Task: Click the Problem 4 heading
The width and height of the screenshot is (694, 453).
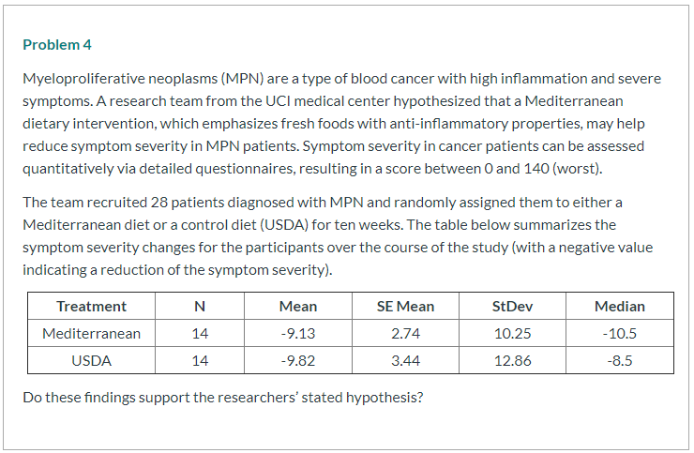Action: (x=57, y=45)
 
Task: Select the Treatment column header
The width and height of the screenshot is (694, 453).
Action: (x=91, y=306)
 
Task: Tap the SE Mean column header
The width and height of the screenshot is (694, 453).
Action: (x=405, y=306)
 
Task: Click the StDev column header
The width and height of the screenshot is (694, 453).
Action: (x=512, y=306)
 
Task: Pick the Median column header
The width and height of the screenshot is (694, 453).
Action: (x=619, y=306)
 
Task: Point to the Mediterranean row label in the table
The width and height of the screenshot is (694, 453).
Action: (x=91, y=333)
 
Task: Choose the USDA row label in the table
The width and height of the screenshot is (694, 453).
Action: (x=91, y=360)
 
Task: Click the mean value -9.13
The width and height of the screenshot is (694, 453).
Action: (x=297, y=333)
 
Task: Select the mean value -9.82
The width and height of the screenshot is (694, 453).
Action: (x=297, y=360)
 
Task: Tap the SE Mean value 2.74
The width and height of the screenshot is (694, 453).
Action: (x=405, y=333)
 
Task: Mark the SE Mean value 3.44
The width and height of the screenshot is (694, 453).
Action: (x=405, y=360)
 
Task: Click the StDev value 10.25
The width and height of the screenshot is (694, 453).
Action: (x=512, y=333)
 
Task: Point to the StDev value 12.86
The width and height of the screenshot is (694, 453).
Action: (x=512, y=360)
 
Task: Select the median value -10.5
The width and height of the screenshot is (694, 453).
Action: (x=619, y=333)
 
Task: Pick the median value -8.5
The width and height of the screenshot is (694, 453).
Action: (x=619, y=360)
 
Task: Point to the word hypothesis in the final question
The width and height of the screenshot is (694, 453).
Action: (x=385, y=396)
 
